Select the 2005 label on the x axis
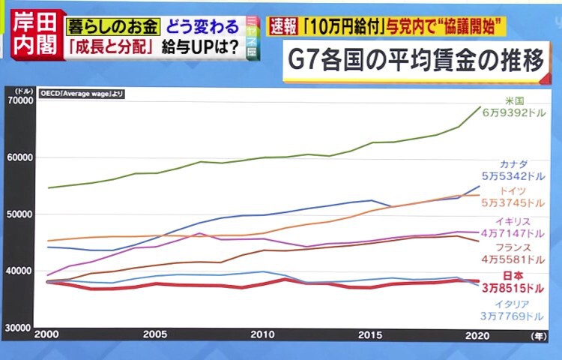tap(154, 334)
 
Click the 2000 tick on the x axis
tap(46, 334)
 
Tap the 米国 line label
tap(514, 100)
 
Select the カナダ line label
tap(514, 163)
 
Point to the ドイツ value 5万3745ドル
tap(513, 202)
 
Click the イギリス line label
tap(514, 222)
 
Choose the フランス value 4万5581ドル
tap(513, 259)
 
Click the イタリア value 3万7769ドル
tap(513, 317)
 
